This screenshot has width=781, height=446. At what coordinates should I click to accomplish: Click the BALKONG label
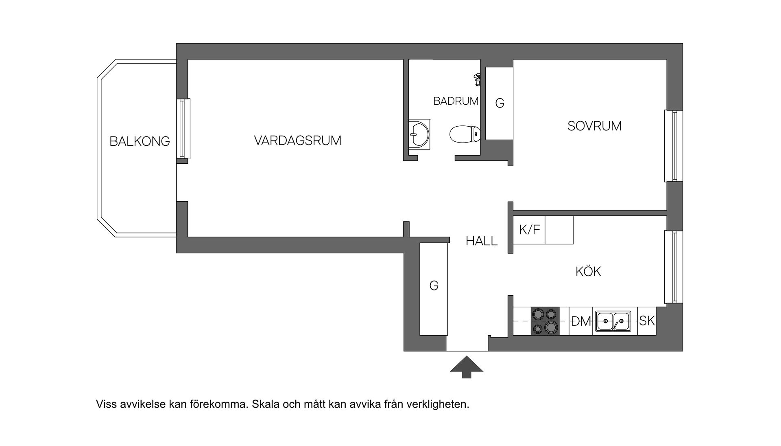pos(140,141)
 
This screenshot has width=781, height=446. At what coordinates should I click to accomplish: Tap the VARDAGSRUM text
pos(297,141)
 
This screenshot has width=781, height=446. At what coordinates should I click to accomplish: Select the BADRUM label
pos(456,101)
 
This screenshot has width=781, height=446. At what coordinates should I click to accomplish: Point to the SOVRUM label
pos(594,126)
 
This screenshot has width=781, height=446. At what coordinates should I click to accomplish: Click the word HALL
pos(482,241)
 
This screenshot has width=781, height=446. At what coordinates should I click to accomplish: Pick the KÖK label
pos(588,271)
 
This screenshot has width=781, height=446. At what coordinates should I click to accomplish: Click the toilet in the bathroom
pos(465,134)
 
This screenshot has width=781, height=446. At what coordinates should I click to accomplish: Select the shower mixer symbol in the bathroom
pos(477,79)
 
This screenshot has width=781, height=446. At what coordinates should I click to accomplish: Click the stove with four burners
pos(545,321)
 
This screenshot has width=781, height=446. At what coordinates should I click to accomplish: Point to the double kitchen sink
pos(613,321)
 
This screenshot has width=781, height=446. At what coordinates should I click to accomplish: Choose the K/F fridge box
pos(529,230)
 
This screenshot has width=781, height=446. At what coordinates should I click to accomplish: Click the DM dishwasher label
pos(580,321)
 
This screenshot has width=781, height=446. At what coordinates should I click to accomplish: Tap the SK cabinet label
pos(647,321)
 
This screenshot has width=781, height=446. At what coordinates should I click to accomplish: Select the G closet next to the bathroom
pos(500,103)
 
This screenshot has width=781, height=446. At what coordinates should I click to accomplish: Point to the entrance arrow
pos(467,367)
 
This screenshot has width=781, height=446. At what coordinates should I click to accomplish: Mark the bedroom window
pos(674,146)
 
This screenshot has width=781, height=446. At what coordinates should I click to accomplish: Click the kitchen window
pos(674,267)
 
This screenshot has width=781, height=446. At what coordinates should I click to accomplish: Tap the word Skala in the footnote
pos(267,404)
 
